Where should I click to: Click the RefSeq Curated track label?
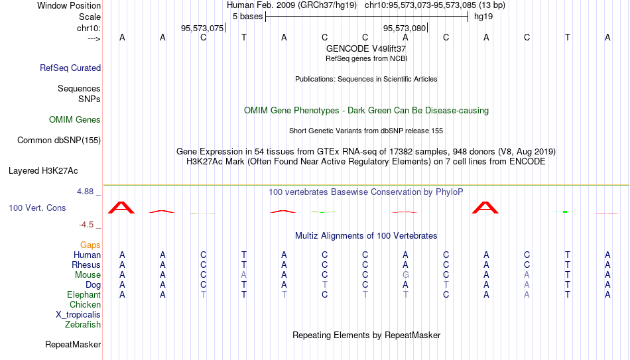pos(70,68)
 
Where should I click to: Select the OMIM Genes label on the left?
pos(75,120)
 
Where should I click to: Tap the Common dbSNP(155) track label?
pos(59,141)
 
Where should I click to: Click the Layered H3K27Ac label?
pos(43,171)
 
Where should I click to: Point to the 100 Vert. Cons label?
pos(37,208)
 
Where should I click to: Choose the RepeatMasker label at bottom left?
pos(73,344)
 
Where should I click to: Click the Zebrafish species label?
pos(83,324)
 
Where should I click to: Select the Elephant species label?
pos(84,294)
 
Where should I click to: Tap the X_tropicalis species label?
pos(78,315)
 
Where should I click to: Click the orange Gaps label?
pos(90,245)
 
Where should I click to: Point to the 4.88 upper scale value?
pos(85,192)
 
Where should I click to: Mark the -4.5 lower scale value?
pos(86,225)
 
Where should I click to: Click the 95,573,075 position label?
pos(202,28)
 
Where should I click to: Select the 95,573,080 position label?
pos(405,28)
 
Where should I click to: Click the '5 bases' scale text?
pos(247,17)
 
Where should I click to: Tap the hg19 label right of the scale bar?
pos(483,17)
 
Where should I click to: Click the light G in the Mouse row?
pos(406,275)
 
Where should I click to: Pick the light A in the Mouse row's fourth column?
pos(243,275)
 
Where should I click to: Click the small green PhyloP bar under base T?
pos(565,211)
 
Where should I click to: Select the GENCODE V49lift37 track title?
pos(366,48)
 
